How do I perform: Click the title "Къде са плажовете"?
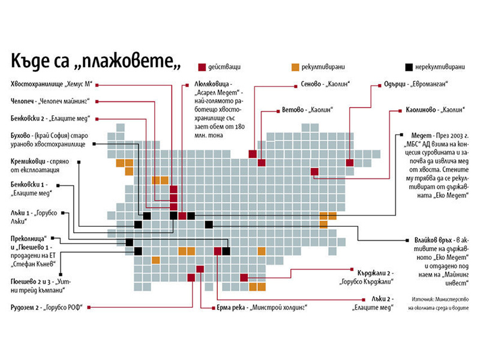tap(96, 62)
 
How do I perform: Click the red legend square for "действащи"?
tap(202, 66)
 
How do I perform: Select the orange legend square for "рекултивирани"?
tap(294, 66)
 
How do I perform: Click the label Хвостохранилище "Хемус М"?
tap(50, 84)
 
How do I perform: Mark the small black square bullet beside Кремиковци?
tap(79, 162)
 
